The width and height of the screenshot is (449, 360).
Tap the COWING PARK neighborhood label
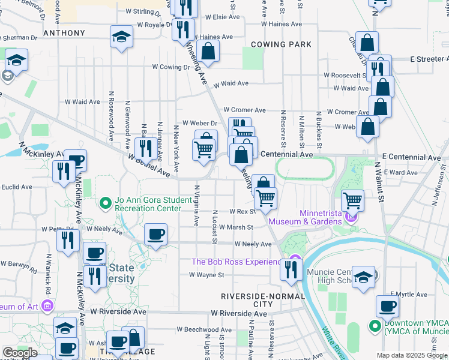281,44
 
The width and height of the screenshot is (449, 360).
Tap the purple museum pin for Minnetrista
351,215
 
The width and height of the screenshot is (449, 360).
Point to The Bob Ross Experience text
236,262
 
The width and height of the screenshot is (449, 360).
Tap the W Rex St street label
243,212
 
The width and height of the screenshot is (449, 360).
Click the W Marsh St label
235,227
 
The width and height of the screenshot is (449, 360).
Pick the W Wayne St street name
206,275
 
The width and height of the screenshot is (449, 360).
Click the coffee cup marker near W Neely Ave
156,233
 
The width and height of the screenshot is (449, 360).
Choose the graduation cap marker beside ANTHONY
122,37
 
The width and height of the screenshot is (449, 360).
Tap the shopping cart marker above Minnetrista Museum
352,200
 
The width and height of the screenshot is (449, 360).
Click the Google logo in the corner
20,353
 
